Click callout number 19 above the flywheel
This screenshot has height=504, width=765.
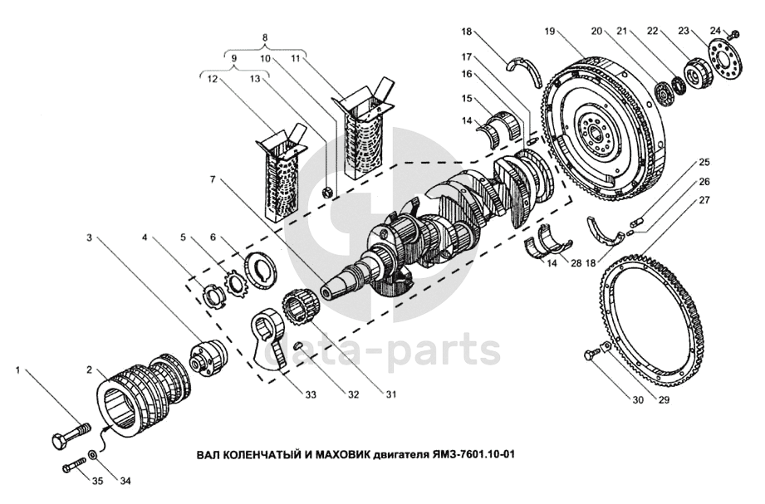550,31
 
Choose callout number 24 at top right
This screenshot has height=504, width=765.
715,31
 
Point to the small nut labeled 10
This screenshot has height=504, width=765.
327,192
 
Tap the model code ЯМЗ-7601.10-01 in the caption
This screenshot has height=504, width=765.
475,454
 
